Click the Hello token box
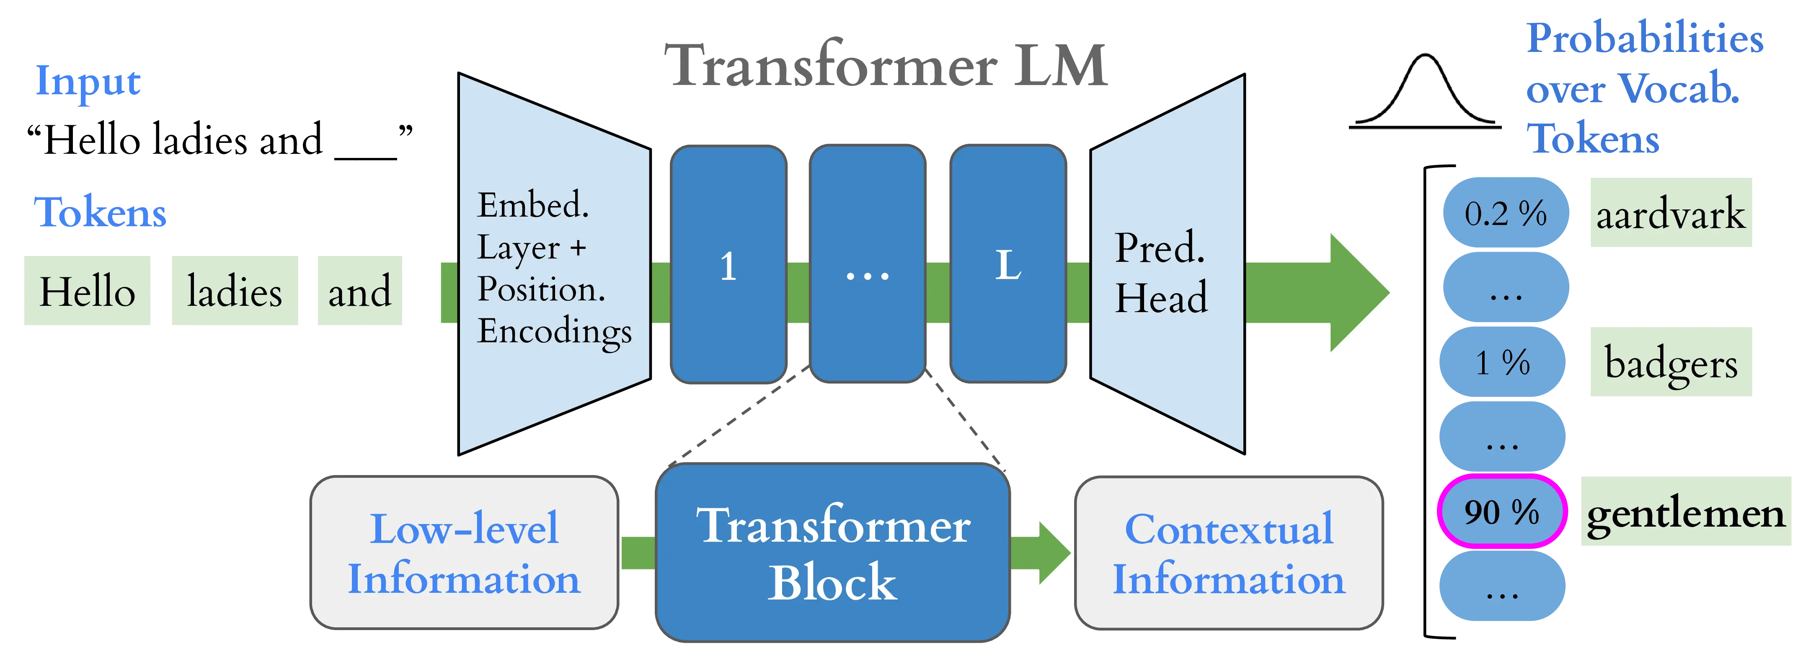pyautogui.click(x=87, y=290)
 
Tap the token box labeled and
pyautogui.click(x=358, y=290)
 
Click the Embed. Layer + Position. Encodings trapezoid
pyautogui.click(x=553, y=265)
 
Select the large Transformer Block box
pyautogui.click(x=832, y=552)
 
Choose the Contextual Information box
pyautogui.click(x=1228, y=552)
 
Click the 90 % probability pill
pyautogui.click(x=1501, y=512)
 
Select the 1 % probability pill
pyautogui.click(x=1502, y=362)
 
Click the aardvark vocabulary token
pyautogui.click(x=1669, y=213)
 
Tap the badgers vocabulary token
pyautogui.click(x=1669, y=362)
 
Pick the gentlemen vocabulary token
pyautogui.click(x=1684, y=512)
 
